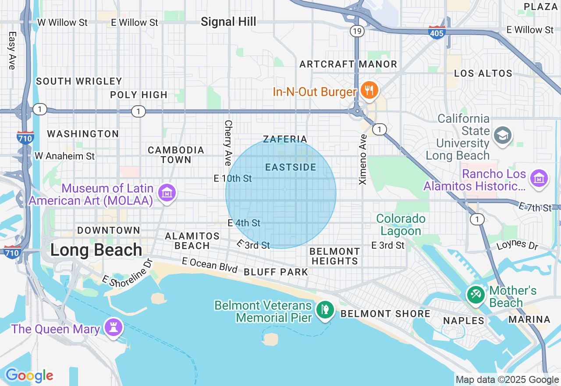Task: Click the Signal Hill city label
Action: [228, 22]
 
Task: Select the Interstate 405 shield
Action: [437, 32]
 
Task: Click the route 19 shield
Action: [356, 31]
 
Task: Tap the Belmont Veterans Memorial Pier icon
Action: [325, 310]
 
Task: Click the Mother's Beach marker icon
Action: [476, 294]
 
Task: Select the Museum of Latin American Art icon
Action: [167, 193]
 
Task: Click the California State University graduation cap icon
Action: [502, 135]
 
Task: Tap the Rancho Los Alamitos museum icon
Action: [539, 179]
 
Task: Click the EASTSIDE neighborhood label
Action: [291, 168]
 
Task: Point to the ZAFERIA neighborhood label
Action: [285, 139]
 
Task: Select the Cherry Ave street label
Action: [227, 143]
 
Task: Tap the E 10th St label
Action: [233, 179]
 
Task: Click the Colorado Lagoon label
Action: [401, 225]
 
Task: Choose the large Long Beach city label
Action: [96, 250]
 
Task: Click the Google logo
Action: [29, 375]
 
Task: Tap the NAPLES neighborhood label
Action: [464, 321]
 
